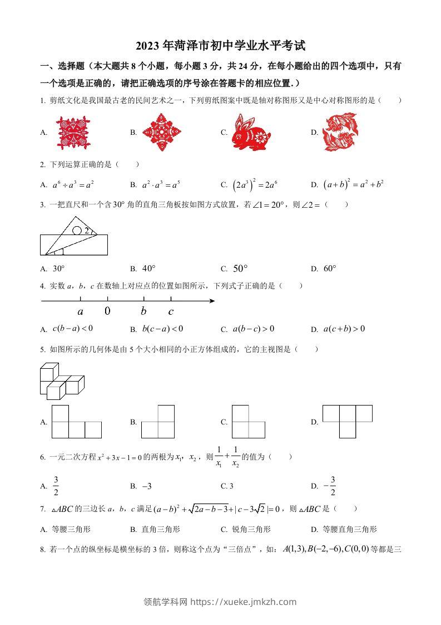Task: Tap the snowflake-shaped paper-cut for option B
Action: (x=161, y=132)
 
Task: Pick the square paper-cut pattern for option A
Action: (x=72, y=132)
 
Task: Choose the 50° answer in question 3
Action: (x=239, y=268)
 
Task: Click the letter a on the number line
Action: (x=81, y=311)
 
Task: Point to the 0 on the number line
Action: (x=107, y=311)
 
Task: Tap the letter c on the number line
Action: (x=171, y=311)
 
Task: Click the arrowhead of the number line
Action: (x=212, y=301)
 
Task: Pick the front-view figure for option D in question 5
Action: (x=347, y=421)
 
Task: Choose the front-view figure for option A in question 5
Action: (x=77, y=422)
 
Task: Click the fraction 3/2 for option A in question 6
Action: (x=56, y=485)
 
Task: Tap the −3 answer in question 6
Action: (x=147, y=486)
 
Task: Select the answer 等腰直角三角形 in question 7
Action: (x=350, y=529)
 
